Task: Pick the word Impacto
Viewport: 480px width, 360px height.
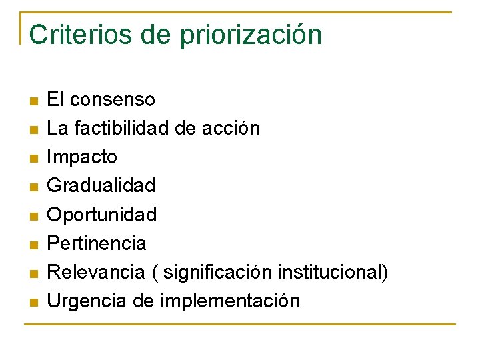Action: coord(82,157)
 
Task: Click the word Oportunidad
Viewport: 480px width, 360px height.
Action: coord(102,215)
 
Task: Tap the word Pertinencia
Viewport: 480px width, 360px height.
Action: coord(97,243)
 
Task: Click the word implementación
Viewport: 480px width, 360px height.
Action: coord(230,301)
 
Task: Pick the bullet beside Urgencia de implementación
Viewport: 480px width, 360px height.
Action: coord(33,302)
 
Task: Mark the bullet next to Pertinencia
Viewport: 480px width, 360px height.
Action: coord(33,245)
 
